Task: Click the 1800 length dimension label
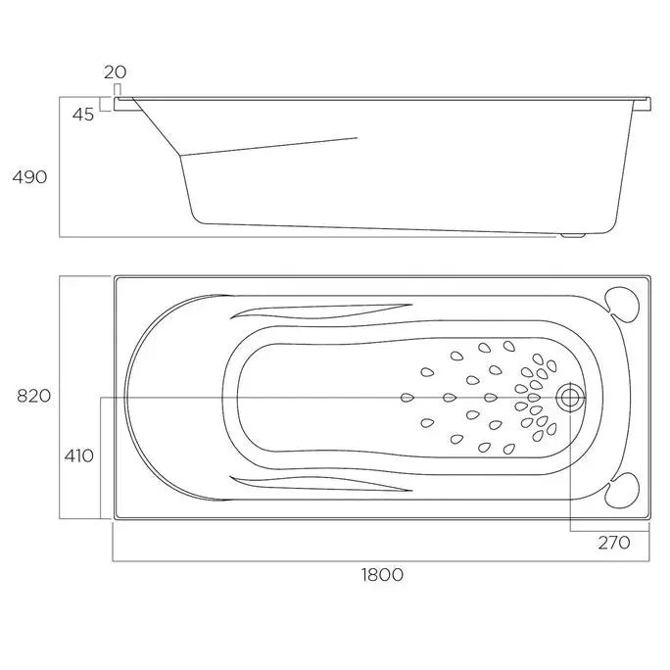381,575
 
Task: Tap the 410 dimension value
79,455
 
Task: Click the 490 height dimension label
28,176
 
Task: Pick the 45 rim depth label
82,115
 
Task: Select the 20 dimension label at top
115,72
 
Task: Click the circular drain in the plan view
569,398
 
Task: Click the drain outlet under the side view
570,235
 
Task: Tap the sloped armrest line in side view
269,146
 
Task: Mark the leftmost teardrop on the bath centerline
407,397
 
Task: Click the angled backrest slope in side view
155,126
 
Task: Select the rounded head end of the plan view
147,397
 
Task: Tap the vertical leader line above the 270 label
569,470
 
